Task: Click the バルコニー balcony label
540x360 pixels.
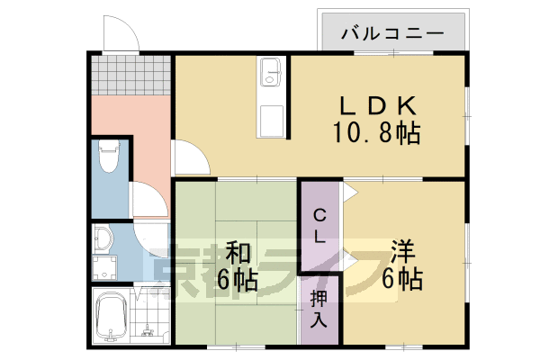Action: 393,35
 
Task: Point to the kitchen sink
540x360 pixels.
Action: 270,71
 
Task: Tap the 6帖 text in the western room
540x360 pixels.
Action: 405,280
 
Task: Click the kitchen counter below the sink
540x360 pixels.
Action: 270,112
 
